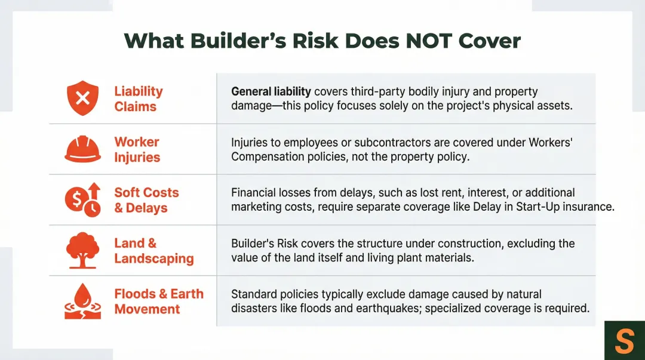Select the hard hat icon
click(82, 149)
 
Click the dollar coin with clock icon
click(82, 200)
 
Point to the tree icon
click(82, 250)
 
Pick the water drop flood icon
click(82, 301)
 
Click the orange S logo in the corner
click(624, 341)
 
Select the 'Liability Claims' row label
click(138, 99)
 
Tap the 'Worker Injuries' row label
click(137, 149)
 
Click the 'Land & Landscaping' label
click(153, 251)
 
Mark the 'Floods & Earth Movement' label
click(158, 301)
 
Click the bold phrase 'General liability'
click(271, 91)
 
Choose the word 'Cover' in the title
click(492, 41)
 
